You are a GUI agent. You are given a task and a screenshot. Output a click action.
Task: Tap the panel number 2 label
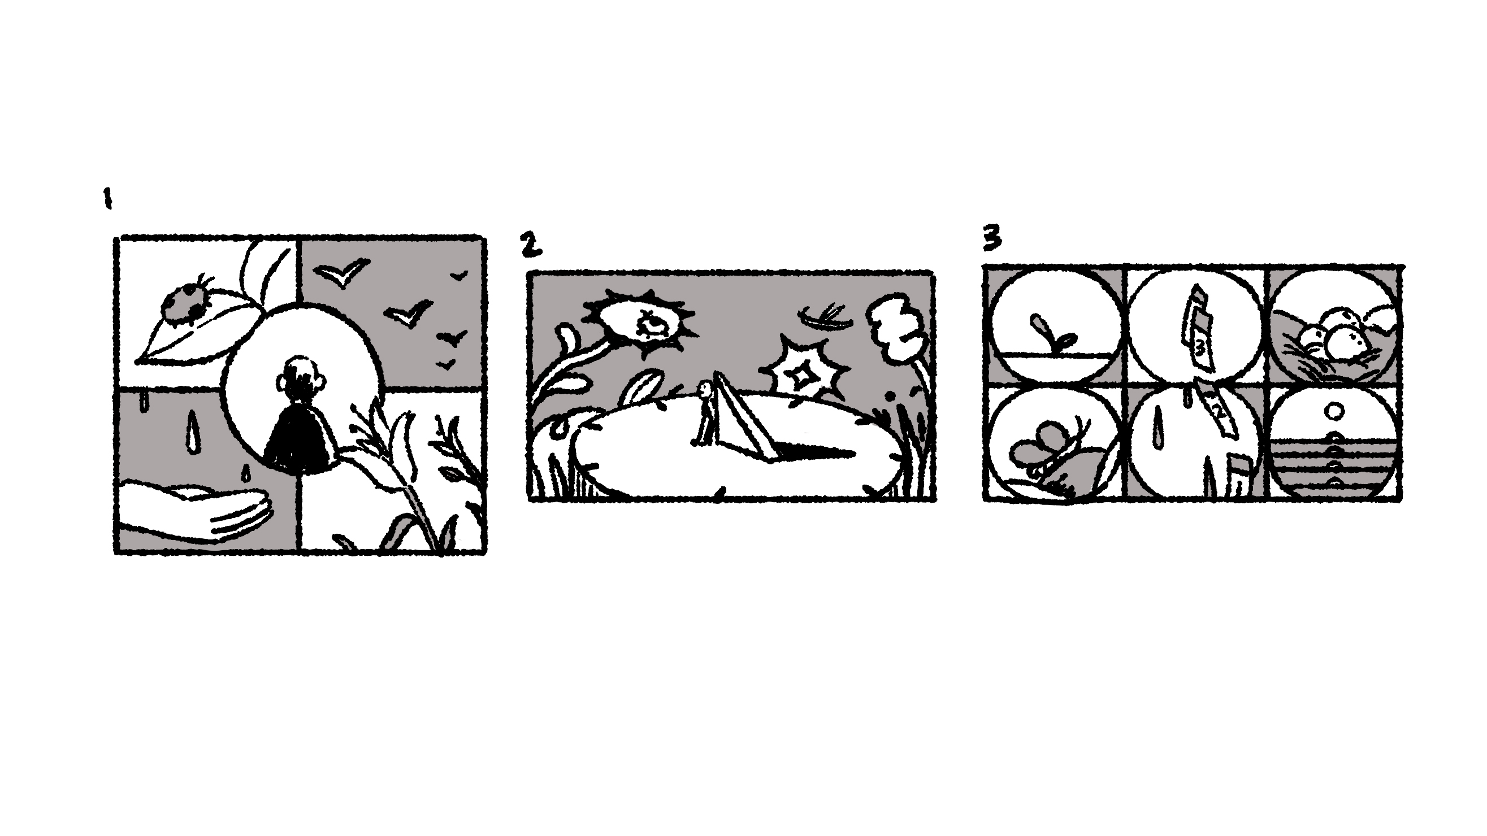coord(531,244)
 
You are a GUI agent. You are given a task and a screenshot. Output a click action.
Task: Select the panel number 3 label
coord(992,239)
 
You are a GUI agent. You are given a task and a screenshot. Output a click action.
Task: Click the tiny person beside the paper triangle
coord(704,412)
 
